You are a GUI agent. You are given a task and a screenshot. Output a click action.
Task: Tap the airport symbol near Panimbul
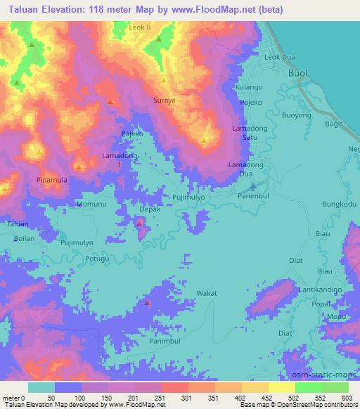[254, 187]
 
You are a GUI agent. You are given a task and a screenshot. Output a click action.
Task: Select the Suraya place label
[165, 100]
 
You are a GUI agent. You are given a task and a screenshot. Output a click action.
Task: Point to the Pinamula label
[53, 180]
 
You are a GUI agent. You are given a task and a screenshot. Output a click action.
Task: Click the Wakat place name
[205, 292]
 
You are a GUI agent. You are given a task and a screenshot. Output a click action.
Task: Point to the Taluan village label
[17, 224]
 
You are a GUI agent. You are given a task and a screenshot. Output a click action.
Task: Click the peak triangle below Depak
[140, 223]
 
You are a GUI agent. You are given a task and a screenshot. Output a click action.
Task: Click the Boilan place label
[24, 238]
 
